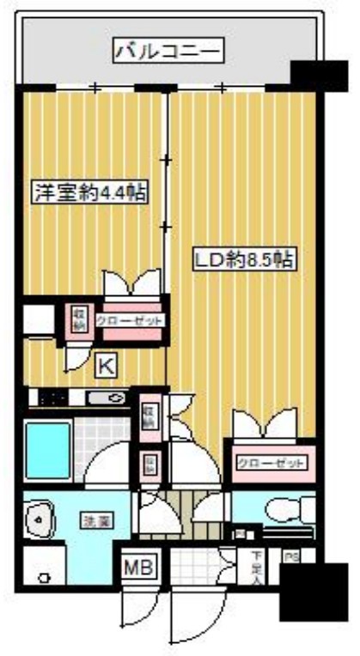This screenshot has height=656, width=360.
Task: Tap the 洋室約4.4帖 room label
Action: click(x=88, y=192)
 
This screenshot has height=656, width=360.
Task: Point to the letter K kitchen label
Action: click(x=105, y=365)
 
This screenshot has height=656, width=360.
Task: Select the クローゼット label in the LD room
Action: click(x=270, y=463)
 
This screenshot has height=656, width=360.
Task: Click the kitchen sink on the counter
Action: click(x=109, y=398)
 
